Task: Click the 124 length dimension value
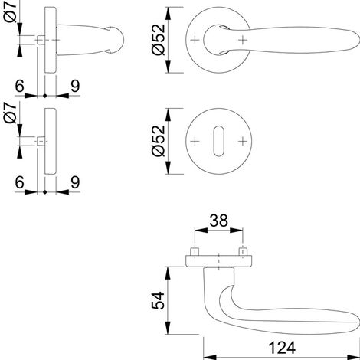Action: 282,348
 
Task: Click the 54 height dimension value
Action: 158,300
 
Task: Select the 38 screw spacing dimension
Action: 218,221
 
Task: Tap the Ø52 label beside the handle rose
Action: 159,40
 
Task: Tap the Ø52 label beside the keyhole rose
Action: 159,141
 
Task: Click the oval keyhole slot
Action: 218,141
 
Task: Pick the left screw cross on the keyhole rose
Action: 195,141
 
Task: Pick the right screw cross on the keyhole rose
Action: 243,141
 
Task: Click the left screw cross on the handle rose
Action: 195,40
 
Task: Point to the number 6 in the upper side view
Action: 20,86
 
